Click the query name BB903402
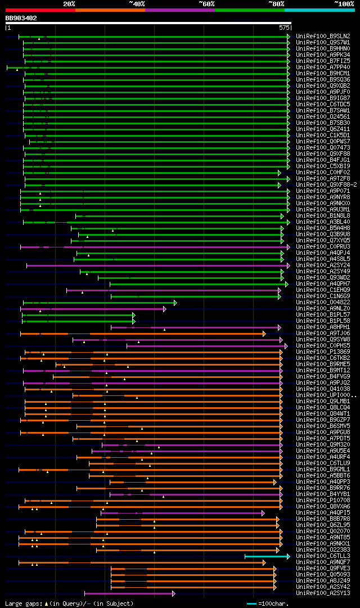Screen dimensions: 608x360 pyautogui.click(x=21, y=18)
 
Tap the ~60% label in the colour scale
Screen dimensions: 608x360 pyautogui.click(x=206, y=4)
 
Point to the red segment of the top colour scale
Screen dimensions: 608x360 pyautogui.click(x=40, y=10)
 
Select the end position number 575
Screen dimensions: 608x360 pyautogui.click(x=283, y=27)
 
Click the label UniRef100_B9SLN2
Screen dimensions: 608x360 pyautogui.click(x=322, y=36)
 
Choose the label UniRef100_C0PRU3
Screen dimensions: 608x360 pyautogui.click(x=322, y=246)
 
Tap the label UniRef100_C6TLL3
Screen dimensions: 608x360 pyautogui.click(x=322, y=556)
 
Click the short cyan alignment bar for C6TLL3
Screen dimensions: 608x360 pyautogui.click(x=265, y=556)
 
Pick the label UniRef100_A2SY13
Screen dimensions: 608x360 pyautogui.click(x=322, y=593)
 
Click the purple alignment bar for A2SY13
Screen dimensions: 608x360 pyautogui.click(x=129, y=593)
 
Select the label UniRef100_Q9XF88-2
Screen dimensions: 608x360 pyautogui.click(x=326, y=184)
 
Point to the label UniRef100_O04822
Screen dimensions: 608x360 pyautogui.click(x=322, y=302)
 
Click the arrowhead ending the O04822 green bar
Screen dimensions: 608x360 pyautogui.click(x=175, y=302)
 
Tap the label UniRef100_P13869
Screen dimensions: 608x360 pyautogui.click(x=322, y=352)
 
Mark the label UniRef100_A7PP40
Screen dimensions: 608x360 pyautogui.click(x=322, y=67)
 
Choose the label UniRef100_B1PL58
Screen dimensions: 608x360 pyautogui.click(x=322, y=321)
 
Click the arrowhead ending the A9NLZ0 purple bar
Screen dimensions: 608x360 pyautogui.click(x=165, y=308)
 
